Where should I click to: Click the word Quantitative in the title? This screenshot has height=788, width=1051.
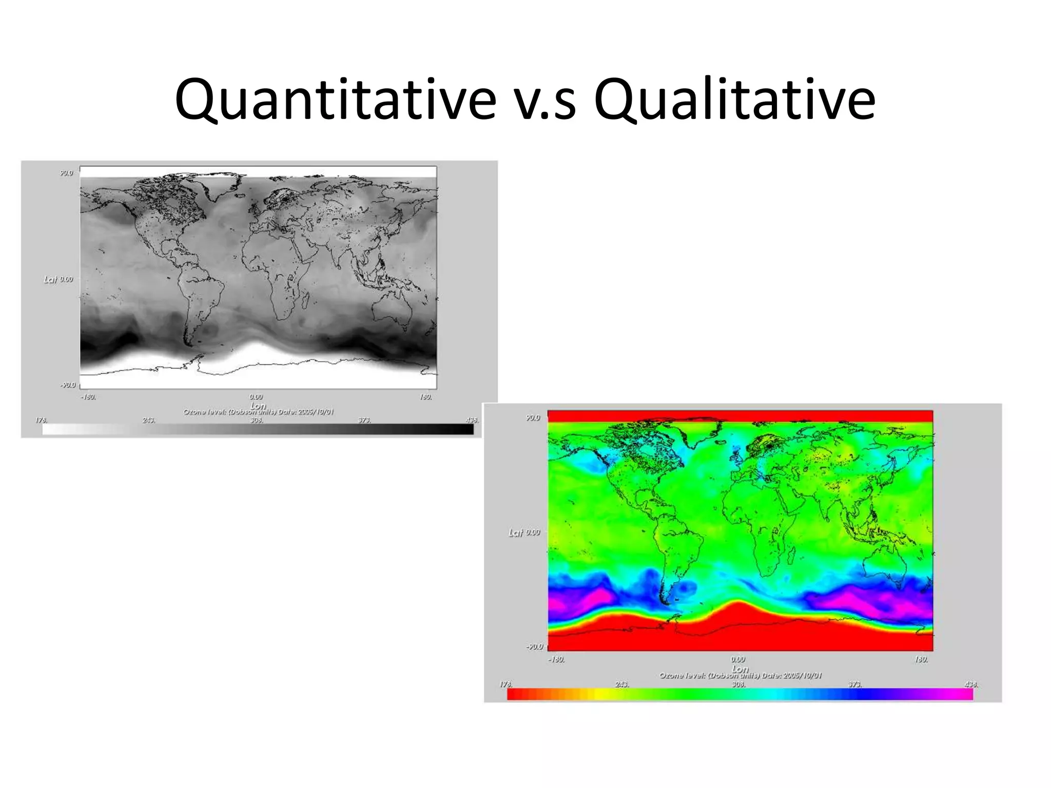point(335,100)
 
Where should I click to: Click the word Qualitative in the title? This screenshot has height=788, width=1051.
point(734,100)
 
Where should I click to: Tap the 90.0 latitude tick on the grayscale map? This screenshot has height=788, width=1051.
point(67,173)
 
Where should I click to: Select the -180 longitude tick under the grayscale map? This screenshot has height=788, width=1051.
point(88,397)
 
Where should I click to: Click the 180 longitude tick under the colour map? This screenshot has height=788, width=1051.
point(921,659)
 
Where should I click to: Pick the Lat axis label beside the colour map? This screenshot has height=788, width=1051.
point(516,533)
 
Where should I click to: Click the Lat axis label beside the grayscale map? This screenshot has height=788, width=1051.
point(50,279)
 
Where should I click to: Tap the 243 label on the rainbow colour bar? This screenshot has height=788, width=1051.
point(621,684)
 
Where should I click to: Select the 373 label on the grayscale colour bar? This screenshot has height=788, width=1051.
point(364,420)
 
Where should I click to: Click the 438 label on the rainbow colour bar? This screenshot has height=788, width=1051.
point(971,684)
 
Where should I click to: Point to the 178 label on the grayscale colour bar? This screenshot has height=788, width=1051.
point(41,420)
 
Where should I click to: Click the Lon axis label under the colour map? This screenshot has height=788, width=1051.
point(739,668)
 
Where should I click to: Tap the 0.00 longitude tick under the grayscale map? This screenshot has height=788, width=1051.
point(256,397)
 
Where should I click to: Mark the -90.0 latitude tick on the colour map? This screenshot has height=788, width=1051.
point(534,646)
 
